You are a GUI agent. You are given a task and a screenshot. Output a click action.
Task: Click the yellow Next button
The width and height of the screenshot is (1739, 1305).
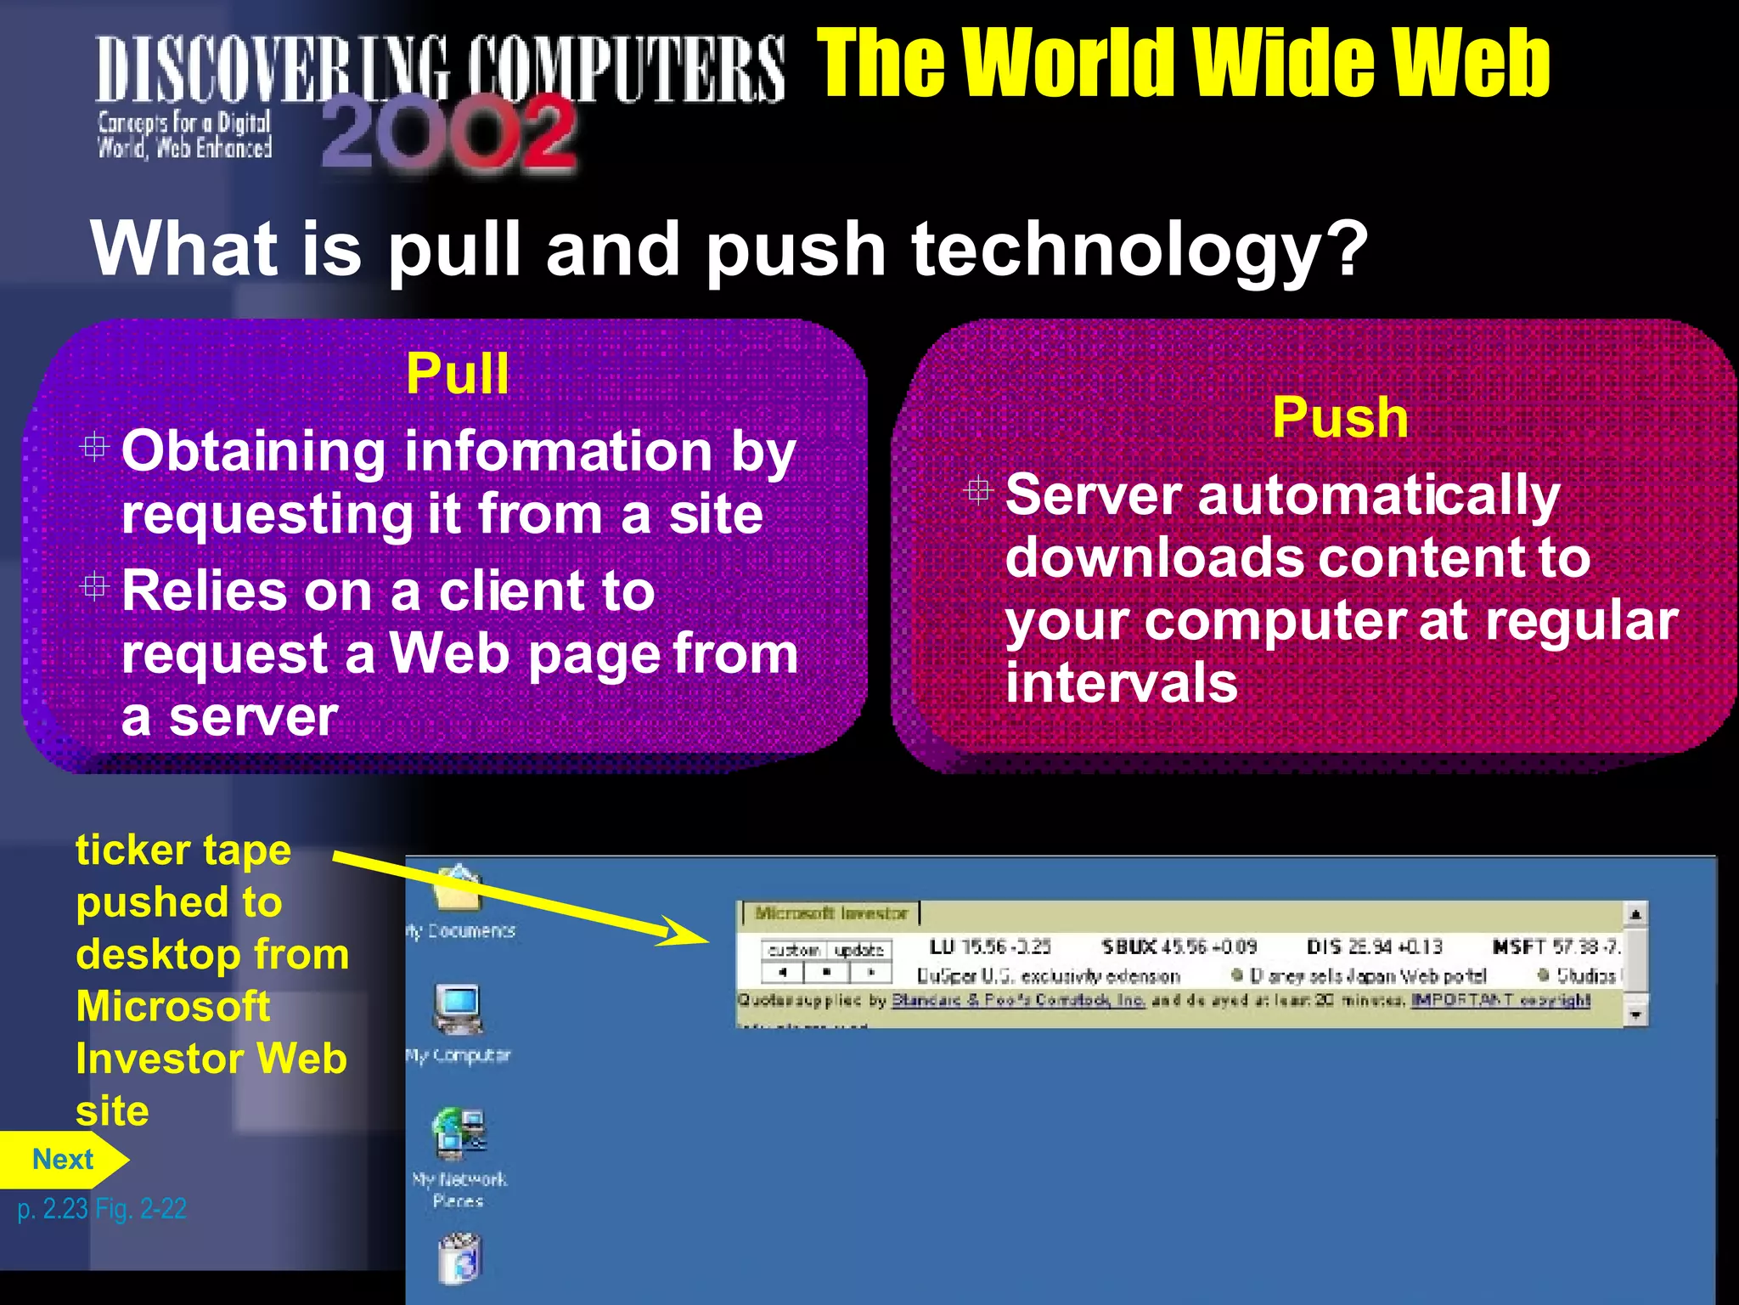[x=63, y=1160]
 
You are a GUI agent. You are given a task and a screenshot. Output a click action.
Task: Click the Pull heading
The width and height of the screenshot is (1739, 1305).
[x=457, y=374]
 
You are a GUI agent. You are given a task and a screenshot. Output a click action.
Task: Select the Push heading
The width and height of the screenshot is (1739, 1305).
[x=1340, y=418]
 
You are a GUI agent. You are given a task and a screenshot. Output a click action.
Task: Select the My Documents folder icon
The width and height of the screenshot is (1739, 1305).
[x=459, y=889]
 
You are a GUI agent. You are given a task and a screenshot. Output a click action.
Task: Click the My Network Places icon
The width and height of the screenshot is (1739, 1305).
[x=459, y=1134]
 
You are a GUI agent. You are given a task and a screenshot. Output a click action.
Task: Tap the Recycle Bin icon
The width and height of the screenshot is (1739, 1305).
[x=459, y=1257]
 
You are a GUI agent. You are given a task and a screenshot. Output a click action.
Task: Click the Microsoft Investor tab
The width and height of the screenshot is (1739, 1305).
[x=830, y=913]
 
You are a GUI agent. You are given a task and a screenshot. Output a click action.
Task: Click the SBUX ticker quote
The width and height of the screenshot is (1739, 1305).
[x=1179, y=946]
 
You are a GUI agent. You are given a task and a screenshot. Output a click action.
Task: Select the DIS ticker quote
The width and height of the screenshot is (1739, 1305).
[x=1374, y=946]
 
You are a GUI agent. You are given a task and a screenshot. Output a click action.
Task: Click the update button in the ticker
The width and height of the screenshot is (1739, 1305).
[x=859, y=950]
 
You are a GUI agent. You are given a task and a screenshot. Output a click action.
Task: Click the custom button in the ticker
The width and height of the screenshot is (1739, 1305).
[x=794, y=950]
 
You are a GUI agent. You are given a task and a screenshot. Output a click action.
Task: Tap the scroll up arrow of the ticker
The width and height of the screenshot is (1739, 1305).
[x=1635, y=914]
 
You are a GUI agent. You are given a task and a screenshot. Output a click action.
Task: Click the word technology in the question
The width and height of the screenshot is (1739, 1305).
[x=1139, y=250]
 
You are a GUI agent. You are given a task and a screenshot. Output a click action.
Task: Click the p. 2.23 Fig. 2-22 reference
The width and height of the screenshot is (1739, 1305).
[x=102, y=1208]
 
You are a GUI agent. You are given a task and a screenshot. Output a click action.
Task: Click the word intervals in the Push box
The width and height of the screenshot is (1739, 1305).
[x=1121, y=683]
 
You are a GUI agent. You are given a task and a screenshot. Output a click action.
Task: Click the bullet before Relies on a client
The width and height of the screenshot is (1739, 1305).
[x=94, y=586]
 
